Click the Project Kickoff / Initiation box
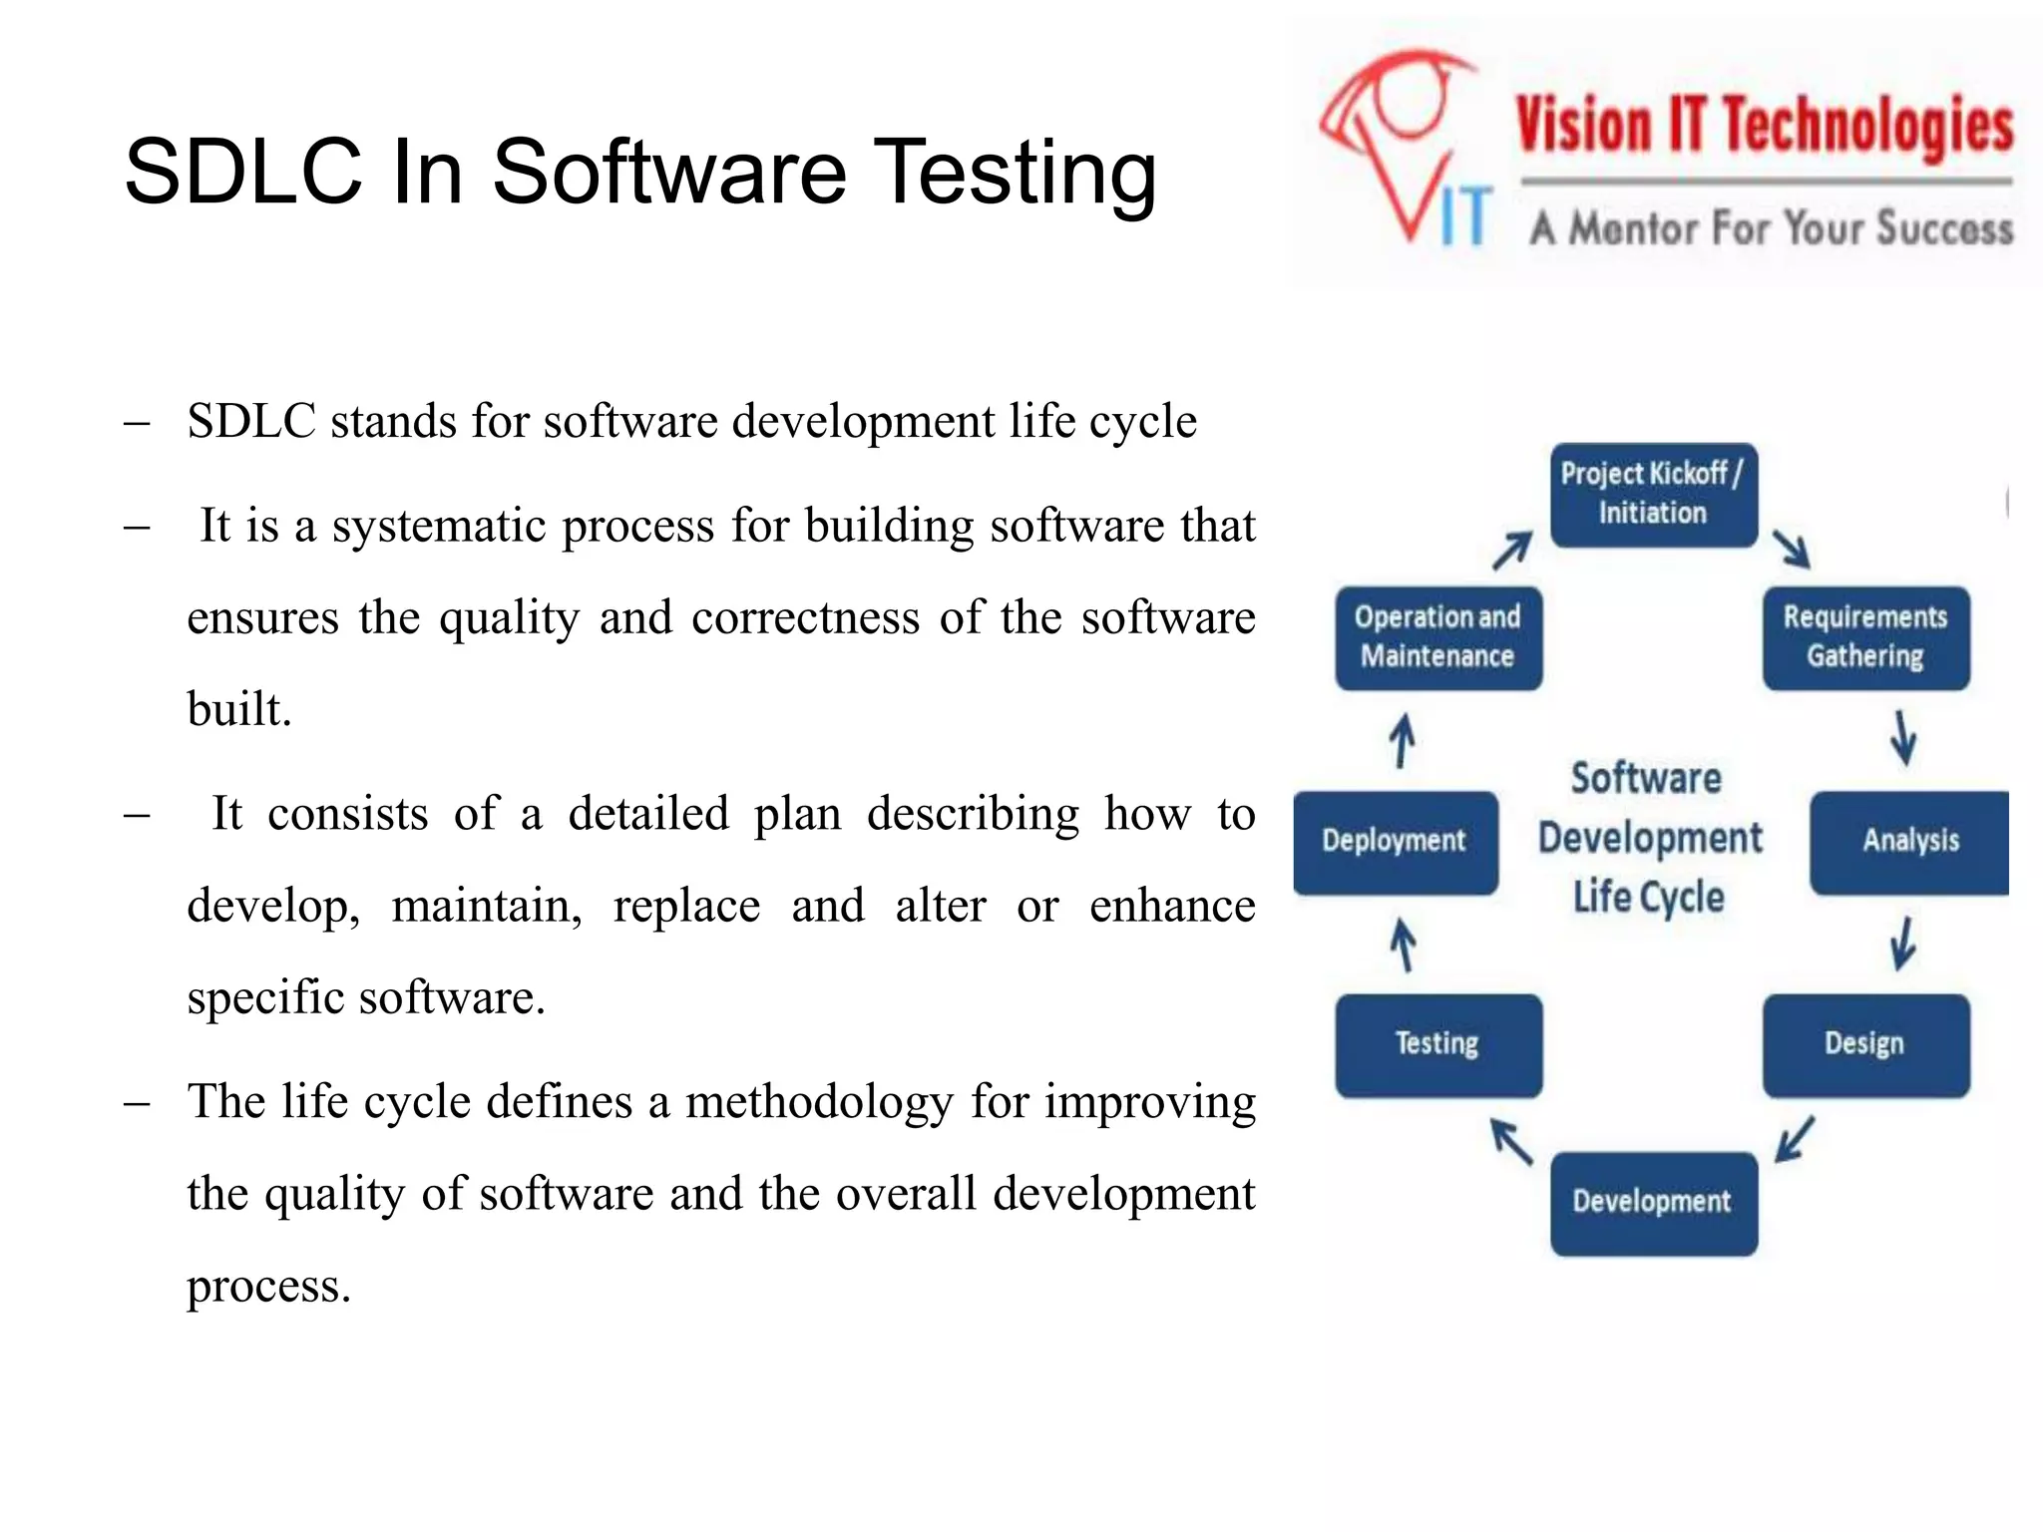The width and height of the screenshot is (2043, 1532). [x=1653, y=495]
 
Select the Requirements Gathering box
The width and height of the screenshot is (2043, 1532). [x=1865, y=637]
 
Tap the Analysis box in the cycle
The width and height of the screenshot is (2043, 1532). [x=1909, y=841]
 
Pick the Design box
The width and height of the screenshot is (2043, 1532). [x=1865, y=1044]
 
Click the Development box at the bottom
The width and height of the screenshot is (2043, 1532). [x=1653, y=1202]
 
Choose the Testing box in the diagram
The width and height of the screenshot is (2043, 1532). [x=1437, y=1044]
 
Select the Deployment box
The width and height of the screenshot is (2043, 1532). [x=1395, y=841]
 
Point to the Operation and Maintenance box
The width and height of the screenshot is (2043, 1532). [x=1437, y=637]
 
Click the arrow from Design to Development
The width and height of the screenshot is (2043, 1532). [x=1796, y=1139]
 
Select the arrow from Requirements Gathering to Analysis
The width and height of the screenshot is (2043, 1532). [x=1903, y=738]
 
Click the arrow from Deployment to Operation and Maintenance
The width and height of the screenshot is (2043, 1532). [x=1403, y=740]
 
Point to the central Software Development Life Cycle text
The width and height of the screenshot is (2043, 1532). [x=1649, y=838]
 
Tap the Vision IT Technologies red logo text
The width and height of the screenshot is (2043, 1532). [x=1764, y=127]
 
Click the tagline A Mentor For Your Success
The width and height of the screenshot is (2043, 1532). [x=1772, y=228]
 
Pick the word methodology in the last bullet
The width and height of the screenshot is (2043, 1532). [x=819, y=1103]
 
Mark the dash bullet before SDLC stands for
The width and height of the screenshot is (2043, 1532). [x=137, y=423]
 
